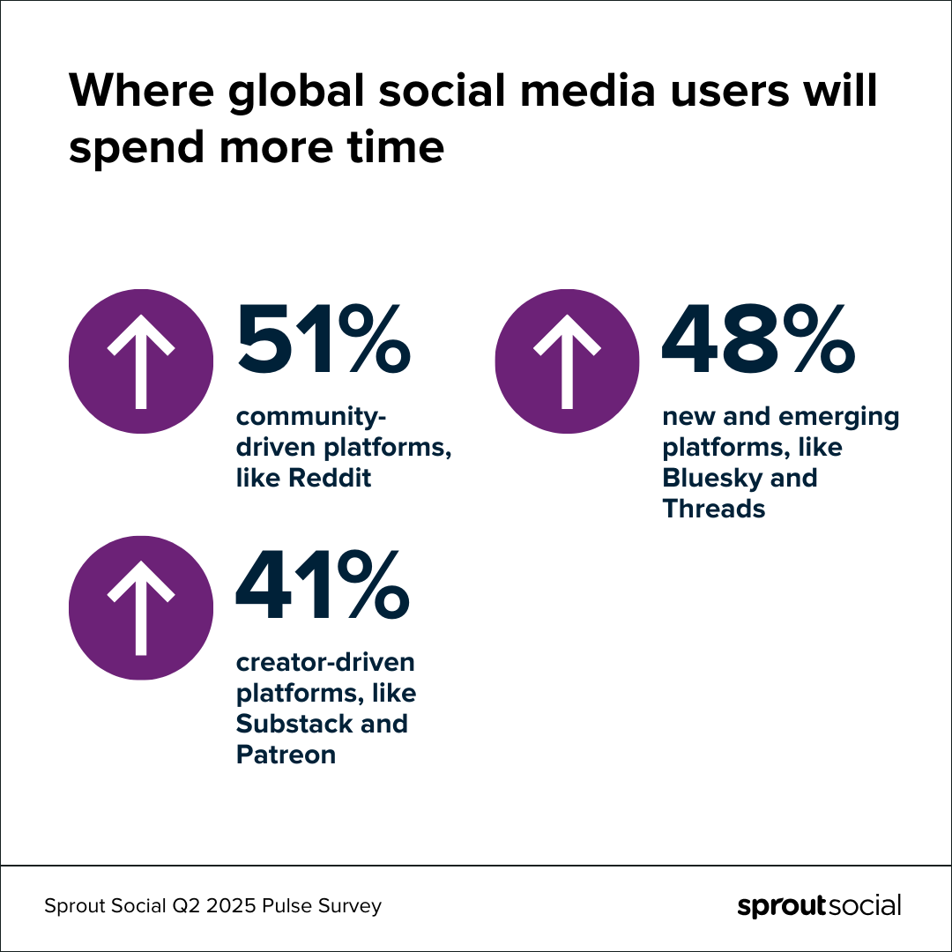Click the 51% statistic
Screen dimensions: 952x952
pyautogui.click(x=324, y=339)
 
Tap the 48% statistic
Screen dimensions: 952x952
pyautogui.click(x=759, y=339)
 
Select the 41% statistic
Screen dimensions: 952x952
pyautogui.click(x=324, y=585)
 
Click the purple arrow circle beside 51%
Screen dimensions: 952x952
pyautogui.click(x=141, y=361)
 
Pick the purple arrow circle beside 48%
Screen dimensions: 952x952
pyautogui.click(x=567, y=361)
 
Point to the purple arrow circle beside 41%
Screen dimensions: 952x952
pyautogui.click(x=141, y=607)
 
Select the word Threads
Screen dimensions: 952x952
pyautogui.click(x=714, y=509)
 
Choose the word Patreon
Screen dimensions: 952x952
pyautogui.click(x=286, y=755)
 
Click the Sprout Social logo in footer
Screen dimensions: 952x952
pyautogui.click(x=819, y=906)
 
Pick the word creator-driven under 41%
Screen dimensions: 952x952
pyautogui.click(x=325, y=662)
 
